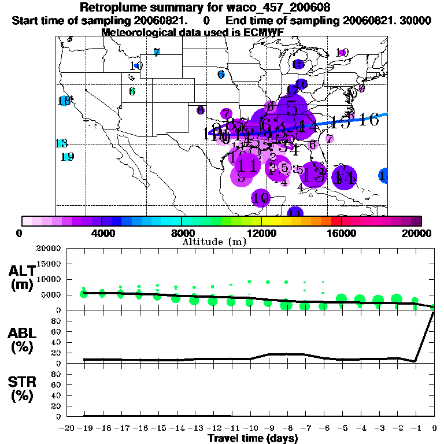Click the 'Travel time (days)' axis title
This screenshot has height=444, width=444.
click(253, 438)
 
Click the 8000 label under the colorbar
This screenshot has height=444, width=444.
click(181, 233)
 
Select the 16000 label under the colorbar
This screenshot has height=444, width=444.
click(341, 233)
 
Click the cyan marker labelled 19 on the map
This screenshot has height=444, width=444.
click(67, 157)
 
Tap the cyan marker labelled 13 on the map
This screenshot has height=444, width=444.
click(61, 143)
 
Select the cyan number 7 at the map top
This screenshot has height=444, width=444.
click(157, 52)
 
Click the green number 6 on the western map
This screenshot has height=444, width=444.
click(132, 91)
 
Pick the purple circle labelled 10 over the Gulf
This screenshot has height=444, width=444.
click(261, 198)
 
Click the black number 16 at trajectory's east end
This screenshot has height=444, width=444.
click(368, 120)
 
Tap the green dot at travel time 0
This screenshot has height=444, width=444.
click(434, 306)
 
